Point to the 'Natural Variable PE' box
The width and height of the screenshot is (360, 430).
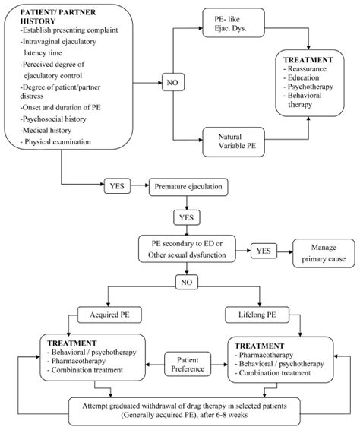238,140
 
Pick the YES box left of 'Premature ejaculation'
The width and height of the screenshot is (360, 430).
118,185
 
